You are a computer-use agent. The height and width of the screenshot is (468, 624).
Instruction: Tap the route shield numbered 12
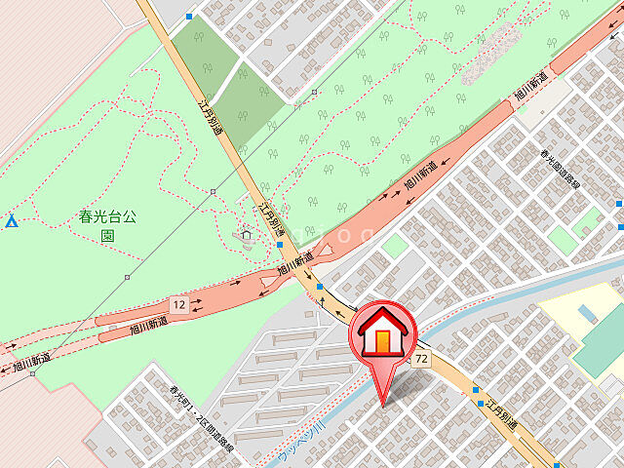coord(177,304)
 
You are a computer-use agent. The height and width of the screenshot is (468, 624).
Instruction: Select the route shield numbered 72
coord(421,360)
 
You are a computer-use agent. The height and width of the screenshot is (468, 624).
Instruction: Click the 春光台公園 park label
coord(107,226)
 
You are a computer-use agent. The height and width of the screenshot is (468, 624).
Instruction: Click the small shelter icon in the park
coord(247,234)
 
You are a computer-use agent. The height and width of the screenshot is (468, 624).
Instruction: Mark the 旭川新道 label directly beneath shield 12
coord(149,327)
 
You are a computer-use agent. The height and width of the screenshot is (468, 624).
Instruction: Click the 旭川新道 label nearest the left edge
coord(31,363)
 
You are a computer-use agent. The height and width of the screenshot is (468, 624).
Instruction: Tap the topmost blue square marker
coord(189,17)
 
